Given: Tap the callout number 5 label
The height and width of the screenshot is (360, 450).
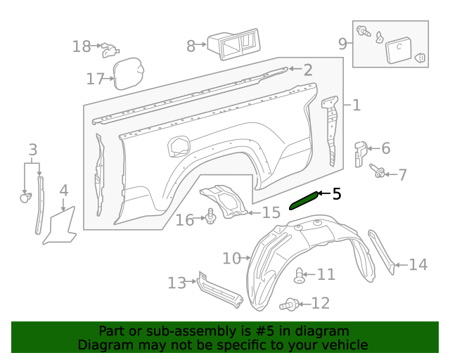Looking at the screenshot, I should point(337,193).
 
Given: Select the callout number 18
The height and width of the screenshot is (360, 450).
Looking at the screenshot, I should point(82,46).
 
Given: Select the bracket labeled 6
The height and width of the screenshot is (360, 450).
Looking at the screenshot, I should point(359,153).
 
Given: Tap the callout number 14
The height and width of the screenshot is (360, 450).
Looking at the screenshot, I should point(418,264).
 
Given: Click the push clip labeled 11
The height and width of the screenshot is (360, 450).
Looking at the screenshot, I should point(300,275).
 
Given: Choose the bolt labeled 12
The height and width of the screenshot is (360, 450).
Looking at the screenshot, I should point(289,304).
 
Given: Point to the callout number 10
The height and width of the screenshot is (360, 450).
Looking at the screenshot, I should point(231,258).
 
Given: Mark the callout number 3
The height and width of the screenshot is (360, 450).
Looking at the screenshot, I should point(32,149).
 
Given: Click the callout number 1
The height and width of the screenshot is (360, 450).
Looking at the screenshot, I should point(356,105).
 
